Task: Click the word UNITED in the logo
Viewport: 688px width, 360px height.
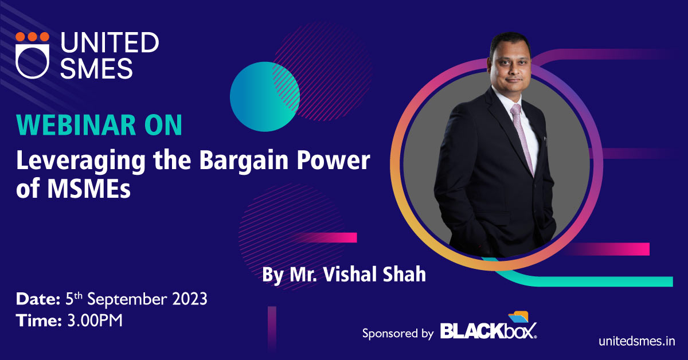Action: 110,42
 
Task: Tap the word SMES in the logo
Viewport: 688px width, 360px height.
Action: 96,68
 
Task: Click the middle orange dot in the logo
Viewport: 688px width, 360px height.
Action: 32,37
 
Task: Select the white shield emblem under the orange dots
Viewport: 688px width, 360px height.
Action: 32,61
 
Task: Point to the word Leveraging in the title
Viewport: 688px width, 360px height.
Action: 81,161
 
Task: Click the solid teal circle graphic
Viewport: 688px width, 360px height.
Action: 264,96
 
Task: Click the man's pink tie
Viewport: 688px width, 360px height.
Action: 523,138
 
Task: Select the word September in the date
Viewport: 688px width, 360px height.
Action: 127,299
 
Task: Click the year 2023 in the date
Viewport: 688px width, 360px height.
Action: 190,299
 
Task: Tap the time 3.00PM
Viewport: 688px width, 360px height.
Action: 95,320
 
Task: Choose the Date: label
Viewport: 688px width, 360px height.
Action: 38,299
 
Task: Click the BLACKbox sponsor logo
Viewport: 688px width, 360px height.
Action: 488,327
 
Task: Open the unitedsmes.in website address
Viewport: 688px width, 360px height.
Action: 636,341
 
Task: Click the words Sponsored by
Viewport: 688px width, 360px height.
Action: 398,334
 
